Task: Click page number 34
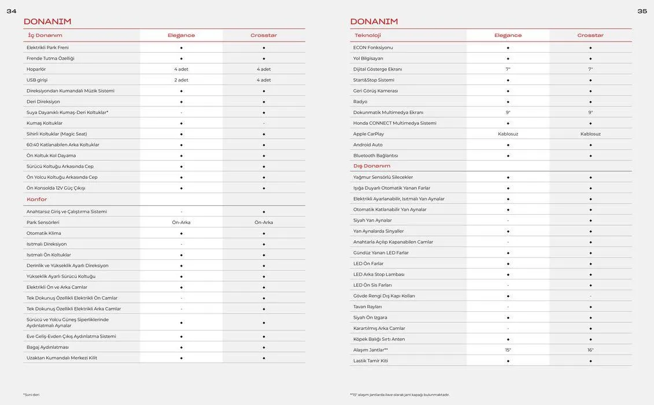tap(12, 11)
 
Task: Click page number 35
tap(642, 11)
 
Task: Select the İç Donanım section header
tap(45, 35)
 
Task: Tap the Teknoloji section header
tap(368, 35)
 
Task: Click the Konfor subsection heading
tap(36, 200)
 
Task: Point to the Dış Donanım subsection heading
tap(372, 166)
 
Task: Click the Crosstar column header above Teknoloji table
tap(590, 35)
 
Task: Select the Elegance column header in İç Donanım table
tap(181, 35)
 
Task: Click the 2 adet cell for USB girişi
tap(181, 80)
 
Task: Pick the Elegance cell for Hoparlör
tap(181, 69)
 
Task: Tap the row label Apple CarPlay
tap(368, 134)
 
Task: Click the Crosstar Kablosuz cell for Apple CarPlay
tap(590, 134)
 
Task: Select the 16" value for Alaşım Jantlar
tap(590, 350)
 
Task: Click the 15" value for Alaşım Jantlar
tap(508, 350)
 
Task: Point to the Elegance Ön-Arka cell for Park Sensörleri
tap(181, 223)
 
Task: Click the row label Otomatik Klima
tap(44, 234)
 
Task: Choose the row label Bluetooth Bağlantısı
tap(376, 156)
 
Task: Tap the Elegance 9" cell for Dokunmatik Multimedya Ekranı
tap(508, 113)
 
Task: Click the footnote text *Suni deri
tap(31, 395)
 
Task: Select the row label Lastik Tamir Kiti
tap(371, 361)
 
